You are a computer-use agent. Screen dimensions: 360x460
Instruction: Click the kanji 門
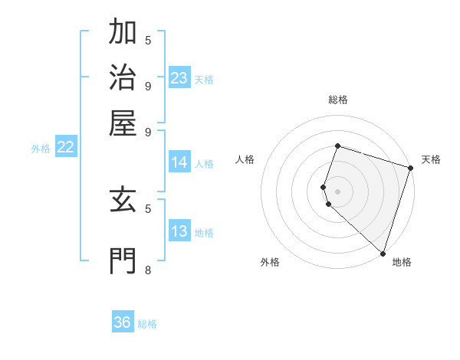pos(124,260)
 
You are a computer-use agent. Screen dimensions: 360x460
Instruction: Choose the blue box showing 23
pos(179,77)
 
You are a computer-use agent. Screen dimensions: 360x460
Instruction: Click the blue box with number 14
pos(179,162)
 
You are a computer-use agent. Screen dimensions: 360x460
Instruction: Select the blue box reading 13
pos(179,231)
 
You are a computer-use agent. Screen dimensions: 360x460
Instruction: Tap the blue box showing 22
pos(66,147)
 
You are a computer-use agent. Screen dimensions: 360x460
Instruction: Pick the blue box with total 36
pos(123,322)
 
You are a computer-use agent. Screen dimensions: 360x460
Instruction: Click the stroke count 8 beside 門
pos(148,270)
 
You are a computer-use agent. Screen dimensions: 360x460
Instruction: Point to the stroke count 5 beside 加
pos(148,40)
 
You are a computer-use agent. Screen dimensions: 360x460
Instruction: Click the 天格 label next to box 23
pos(204,79)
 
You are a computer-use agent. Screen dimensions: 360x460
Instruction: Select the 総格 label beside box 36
pos(147,324)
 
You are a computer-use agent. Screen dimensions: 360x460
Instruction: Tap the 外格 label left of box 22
pos(41,149)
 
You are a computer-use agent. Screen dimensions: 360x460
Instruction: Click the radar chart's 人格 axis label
pos(245,159)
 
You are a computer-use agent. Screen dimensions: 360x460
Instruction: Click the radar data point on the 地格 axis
pos(383,253)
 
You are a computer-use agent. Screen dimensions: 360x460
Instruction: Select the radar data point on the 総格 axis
pos(337,146)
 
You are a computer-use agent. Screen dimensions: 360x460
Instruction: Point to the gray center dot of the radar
pos(337,190)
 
